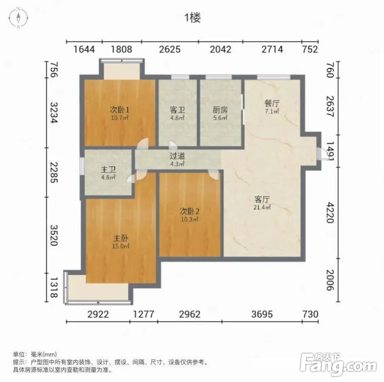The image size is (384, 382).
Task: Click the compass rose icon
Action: pyautogui.click(x=18, y=18)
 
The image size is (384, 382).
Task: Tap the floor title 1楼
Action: pyautogui.click(x=193, y=18)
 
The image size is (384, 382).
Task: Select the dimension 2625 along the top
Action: pyautogui.click(x=170, y=50)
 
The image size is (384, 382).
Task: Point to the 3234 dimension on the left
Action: pyautogui.click(x=54, y=112)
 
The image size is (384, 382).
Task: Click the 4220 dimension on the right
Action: pyautogui.click(x=331, y=213)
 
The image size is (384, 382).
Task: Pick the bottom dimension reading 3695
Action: pyautogui.click(x=262, y=314)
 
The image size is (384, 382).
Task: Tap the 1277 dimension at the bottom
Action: pyautogui.click(x=143, y=314)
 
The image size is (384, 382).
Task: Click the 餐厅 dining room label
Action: pyautogui.click(x=272, y=104)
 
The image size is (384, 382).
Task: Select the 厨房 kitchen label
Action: pyautogui.click(x=220, y=110)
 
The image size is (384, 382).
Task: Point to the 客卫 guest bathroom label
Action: pyautogui.click(x=177, y=110)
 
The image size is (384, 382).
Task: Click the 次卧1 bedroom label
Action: pyautogui.click(x=119, y=110)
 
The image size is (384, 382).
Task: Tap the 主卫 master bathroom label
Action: pyautogui.click(x=108, y=169)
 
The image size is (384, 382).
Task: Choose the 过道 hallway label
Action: pyautogui.click(x=177, y=156)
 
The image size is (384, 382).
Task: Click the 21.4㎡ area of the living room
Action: pyautogui.click(x=262, y=207)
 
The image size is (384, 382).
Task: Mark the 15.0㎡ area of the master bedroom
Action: pyautogui.click(x=121, y=246)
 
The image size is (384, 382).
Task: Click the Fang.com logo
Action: pyautogui.click(x=338, y=364)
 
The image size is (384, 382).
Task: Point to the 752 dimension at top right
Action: pyautogui.click(x=310, y=50)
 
